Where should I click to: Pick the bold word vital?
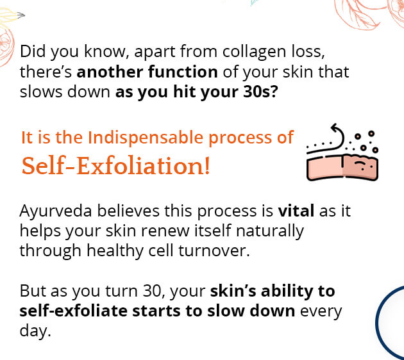297,211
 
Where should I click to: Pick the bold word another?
112,70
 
